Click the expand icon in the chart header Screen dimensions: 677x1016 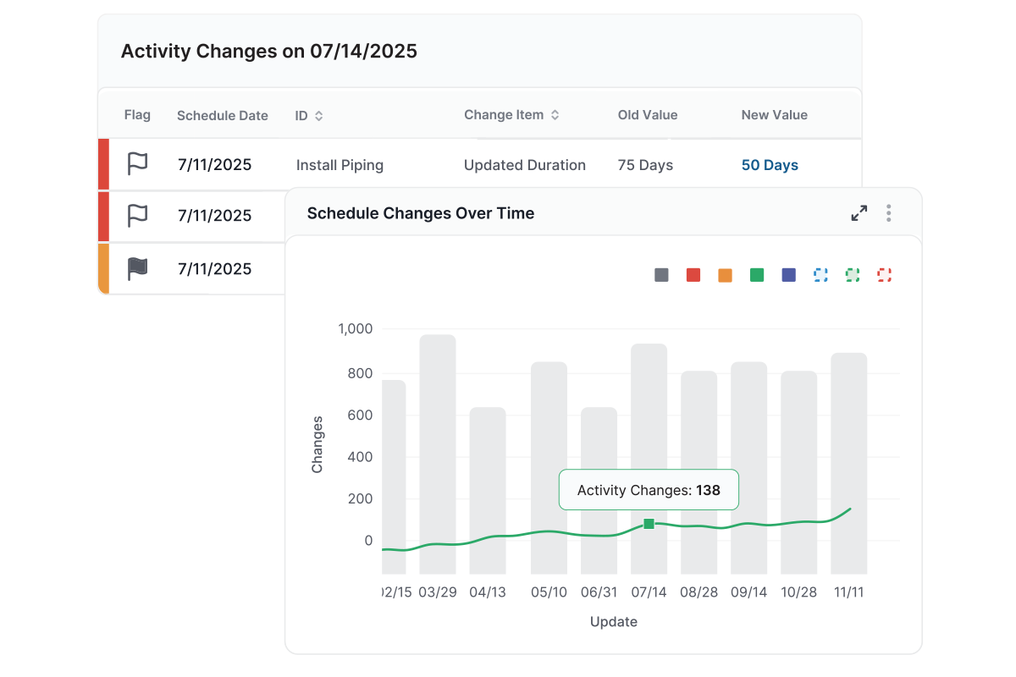859,213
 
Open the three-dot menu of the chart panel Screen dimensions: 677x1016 888,213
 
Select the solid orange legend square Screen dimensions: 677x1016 725,275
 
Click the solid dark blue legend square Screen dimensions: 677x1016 789,275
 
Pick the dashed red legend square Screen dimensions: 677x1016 885,275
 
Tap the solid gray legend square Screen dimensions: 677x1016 661,275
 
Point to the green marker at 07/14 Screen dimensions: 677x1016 649,525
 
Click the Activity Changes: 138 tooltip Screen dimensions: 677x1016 649,490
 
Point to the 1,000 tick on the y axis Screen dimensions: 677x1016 356,329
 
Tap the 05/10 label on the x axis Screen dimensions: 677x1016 549,592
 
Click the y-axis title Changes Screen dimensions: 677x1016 317,444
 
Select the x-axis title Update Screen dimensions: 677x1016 614,622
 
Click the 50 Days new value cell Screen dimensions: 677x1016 770,165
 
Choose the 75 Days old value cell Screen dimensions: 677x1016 645,165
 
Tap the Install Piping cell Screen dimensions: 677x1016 340,165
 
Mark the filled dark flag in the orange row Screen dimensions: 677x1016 137,269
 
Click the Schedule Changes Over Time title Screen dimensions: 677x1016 421,213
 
